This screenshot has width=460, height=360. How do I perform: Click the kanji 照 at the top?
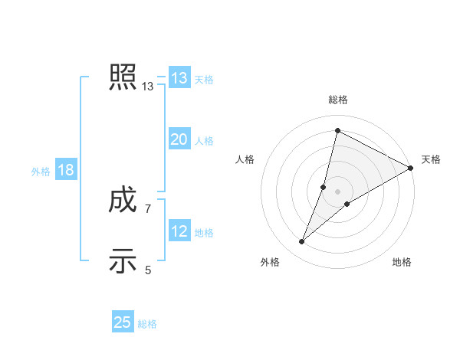pos(123,77)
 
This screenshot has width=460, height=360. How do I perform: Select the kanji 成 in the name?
pos(123,201)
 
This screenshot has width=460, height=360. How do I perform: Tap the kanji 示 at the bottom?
pos(123,260)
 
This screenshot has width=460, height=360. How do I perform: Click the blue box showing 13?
pos(179,78)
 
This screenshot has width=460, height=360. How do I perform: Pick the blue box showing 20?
pos(179,139)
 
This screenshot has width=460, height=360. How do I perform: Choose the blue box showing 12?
pos(179,231)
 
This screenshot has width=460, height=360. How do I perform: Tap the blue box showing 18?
pos(66,170)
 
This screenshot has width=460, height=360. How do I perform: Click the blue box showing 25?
pos(123,322)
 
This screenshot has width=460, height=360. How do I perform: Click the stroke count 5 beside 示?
pos(148,269)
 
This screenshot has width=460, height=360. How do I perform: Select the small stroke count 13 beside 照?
pos(148,87)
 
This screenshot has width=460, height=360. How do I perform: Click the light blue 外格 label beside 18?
pos(41,172)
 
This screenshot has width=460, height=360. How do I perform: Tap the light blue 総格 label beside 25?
pos(147,324)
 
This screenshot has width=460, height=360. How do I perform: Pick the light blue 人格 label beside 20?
pos(204,141)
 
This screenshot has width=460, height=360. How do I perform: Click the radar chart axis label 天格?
pos(431,159)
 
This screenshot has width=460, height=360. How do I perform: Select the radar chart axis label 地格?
pos(402,263)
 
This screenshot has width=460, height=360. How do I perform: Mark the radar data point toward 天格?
pos(410,168)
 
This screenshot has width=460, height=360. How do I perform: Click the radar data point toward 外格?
pos(302,242)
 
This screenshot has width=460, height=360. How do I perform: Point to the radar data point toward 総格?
pos(337,130)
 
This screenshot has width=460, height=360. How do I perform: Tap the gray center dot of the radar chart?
pos(337,191)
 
